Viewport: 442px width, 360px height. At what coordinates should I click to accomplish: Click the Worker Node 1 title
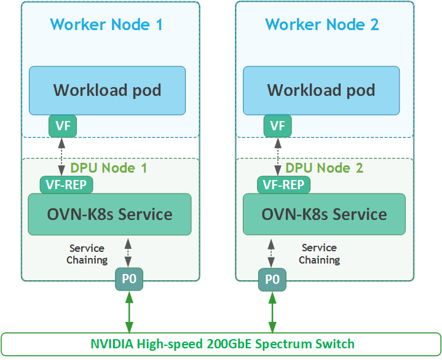(x=106, y=25)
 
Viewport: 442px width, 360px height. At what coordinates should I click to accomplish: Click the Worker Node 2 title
(x=322, y=25)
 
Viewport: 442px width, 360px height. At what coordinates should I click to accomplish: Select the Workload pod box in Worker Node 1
(x=107, y=91)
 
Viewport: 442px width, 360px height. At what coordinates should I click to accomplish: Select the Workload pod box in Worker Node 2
(x=322, y=91)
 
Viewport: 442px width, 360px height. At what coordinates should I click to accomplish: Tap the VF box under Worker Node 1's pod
(x=63, y=126)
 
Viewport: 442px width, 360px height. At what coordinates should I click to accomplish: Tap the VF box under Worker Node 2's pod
(x=277, y=126)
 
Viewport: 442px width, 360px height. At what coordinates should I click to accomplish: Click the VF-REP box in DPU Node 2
(x=283, y=184)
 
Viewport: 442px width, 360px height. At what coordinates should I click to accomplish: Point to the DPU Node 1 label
(x=109, y=168)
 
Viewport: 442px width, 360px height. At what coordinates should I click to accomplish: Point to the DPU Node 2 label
(x=325, y=168)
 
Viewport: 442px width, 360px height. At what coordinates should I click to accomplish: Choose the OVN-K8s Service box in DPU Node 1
(x=109, y=214)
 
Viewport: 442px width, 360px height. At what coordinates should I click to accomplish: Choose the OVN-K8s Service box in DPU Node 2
(x=324, y=214)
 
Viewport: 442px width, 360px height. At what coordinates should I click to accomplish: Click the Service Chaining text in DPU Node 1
(x=87, y=254)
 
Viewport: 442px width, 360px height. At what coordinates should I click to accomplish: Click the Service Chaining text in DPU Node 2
(x=319, y=254)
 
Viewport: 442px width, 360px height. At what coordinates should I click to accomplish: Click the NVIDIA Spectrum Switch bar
(x=221, y=344)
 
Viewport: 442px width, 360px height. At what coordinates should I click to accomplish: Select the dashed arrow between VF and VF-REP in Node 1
(x=61, y=157)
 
